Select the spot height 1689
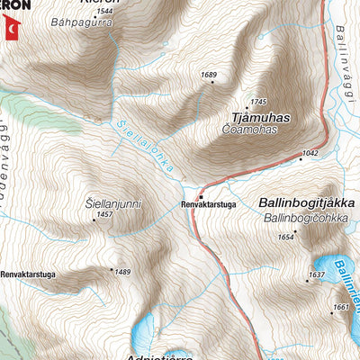click(x=210, y=75)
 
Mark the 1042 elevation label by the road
click(x=310, y=154)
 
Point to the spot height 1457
click(x=104, y=215)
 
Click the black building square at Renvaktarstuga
click(x=202, y=195)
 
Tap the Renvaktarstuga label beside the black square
click(x=208, y=205)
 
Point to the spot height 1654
click(x=287, y=237)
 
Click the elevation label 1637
click(x=316, y=274)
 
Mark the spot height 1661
click(x=339, y=308)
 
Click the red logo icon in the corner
click(x=10, y=29)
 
